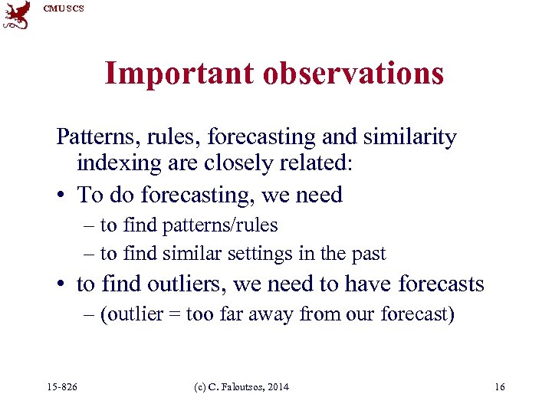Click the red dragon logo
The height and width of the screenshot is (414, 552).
click(x=16, y=15)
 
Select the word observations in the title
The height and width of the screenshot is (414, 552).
click(x=353, y=74)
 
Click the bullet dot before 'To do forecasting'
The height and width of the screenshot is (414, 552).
click(x=61, y=195)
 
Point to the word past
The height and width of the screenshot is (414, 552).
click(x=370, y=253)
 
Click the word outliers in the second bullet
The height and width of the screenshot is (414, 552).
click(x=189, y=284)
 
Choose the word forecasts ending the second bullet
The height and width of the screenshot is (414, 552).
click(x=441, y=284)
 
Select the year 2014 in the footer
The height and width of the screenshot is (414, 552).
click(x=278, y=387)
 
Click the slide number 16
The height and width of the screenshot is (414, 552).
click(x=499, y=387)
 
